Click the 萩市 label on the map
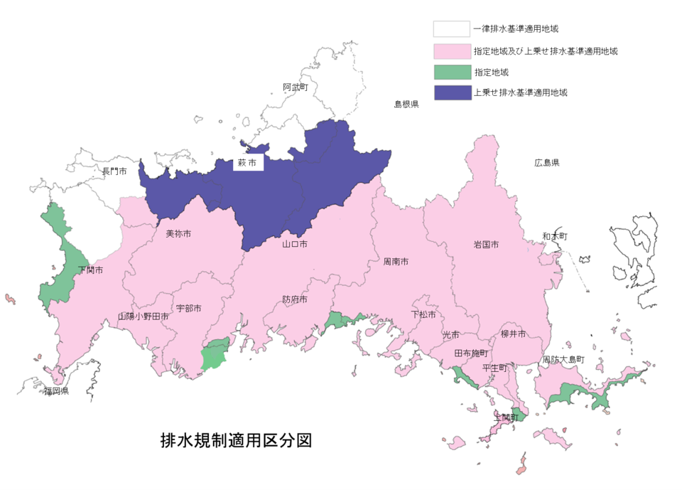tap(249, 164)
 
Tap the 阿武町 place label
tap(296, 87)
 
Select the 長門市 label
tap(114, 171)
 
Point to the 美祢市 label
tap(178, 233)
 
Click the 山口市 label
tap(295, 244)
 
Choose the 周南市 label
tap(396, 262)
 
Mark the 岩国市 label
tap(486, 245)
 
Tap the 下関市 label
tap(91, 270)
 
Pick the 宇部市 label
tap(189, 309)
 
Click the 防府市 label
tap(295, 299)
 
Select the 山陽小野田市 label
tap(144, 316)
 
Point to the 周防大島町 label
tap(563, 360)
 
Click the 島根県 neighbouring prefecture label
tap(406, 104)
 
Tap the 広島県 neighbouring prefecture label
tap(547, 163)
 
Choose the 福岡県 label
tap(55, 391)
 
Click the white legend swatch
tap(453, 29)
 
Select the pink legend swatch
tap(453, 51)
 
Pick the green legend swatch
tap(453, 72)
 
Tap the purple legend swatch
tap(453, 92)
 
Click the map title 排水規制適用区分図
tap(237, 440)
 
